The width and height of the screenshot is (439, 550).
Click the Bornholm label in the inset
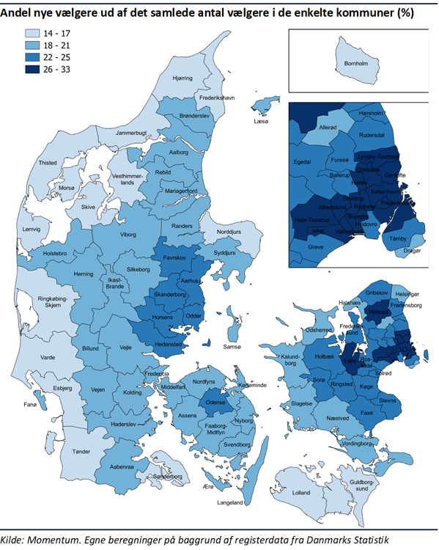pos(356,65)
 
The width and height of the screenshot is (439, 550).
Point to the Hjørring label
pos(182,78)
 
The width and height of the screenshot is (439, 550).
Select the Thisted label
pos(48,163)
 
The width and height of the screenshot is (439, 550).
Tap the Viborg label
pos(128,235)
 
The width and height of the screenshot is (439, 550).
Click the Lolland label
pos(301,493)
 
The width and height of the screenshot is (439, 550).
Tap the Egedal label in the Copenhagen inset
pos(302,162)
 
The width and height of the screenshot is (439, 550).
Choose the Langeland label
pos(230,503)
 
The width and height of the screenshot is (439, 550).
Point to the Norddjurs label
pos(229,232)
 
